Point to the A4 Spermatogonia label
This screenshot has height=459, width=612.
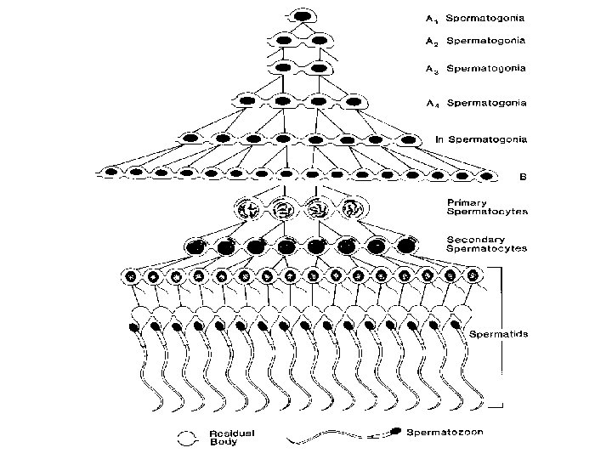tap(475, 103)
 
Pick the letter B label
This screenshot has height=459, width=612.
tap(523, 178)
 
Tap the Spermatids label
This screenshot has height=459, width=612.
tap(499, 334)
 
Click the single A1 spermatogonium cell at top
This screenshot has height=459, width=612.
tap(303, 15)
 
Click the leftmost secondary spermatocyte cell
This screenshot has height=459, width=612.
tap(198, 246)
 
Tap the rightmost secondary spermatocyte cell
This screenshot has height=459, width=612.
tap(406, 246)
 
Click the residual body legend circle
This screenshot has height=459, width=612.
tap(188, 438)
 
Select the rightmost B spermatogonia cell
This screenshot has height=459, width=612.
tap(486, 176)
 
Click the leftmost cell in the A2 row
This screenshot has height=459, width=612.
tap(286, 40)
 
